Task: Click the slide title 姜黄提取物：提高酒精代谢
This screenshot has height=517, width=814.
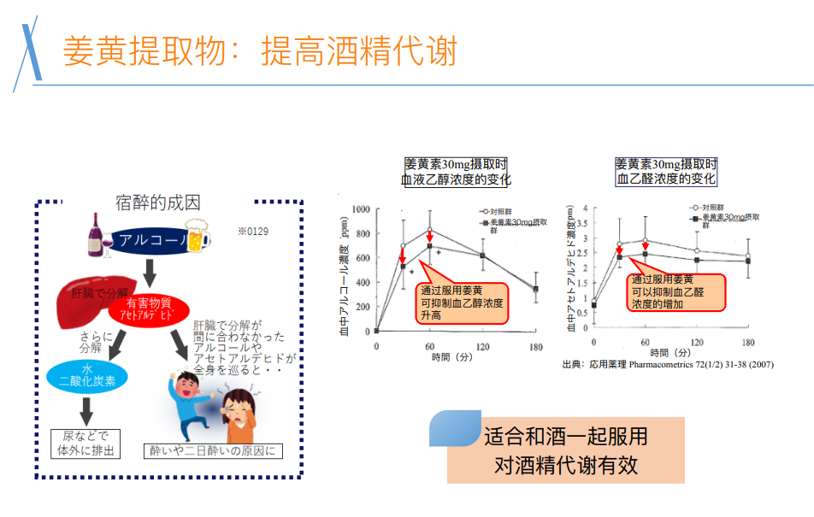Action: tap(260, 51)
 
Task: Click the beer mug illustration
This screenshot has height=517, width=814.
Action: tap(195, 237)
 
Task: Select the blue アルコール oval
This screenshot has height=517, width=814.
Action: tap(147, 240)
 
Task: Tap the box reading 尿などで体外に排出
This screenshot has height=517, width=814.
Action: tap(86, 443)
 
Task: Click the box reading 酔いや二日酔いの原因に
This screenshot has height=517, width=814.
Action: tap(213, 450)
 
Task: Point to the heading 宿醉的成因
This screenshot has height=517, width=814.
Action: tap(158, 203)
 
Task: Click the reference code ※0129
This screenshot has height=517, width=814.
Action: tap(252, 232)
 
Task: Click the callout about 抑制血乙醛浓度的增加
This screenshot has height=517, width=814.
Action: tap(675, 291)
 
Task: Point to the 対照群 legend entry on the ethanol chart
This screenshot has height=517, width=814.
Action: tap(499, 210)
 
